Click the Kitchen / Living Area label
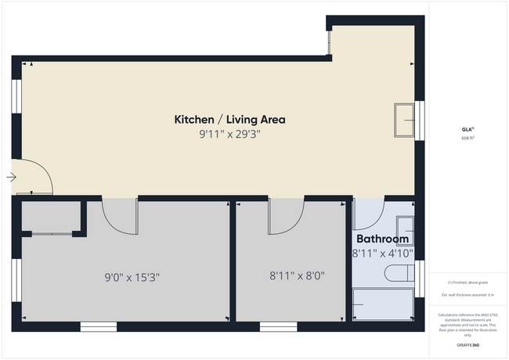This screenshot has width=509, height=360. click(x=229, y=120)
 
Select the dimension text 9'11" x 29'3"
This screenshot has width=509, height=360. click(x=229, y=135)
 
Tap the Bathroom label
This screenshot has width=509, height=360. click(x=382, y=239)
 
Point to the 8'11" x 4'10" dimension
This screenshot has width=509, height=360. click(x=382, y=254)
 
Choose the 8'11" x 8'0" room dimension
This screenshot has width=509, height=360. click(x=297, y=275)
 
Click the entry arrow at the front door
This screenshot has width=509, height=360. click(x=11, y=178)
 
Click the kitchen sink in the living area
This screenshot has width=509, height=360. click(x=404, y=119)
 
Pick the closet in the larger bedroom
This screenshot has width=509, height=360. click(x=51, y=216)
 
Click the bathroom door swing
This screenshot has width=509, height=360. click(x=367, y=213)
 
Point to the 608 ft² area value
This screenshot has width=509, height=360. click(x=468, y=138)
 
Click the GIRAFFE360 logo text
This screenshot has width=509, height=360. click(x=468, y=344)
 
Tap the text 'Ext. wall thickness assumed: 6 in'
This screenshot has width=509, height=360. click(x=468, y=294)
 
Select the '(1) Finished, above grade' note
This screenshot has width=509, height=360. click(x=468, y=282)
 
